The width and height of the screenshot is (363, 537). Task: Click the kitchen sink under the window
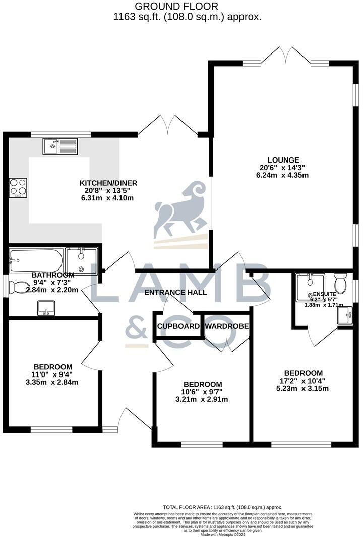[60, 147]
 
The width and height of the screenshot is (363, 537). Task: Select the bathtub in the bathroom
[36, 260]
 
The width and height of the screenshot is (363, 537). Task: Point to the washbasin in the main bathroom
[46, 307]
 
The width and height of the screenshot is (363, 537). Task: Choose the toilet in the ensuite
[340, 284]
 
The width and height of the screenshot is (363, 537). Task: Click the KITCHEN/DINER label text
[108, 183]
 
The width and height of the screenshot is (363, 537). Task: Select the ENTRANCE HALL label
[175, 292]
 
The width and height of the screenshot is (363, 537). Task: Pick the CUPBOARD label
[177, 326]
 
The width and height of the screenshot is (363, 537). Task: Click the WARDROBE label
[226, 326]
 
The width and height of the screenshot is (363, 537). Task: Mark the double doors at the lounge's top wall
[285, 56]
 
